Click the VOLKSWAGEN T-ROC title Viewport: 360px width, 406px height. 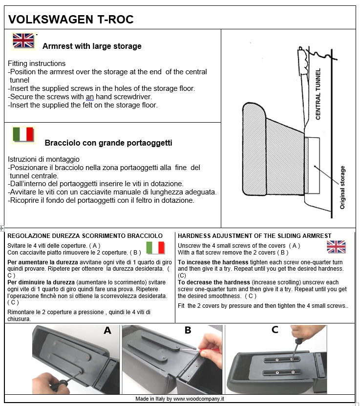[71, 20]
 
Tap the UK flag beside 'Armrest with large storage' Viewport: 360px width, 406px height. [23, 41]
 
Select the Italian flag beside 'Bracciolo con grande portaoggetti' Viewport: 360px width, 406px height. [23, 134]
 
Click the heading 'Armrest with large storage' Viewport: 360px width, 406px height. [92, 46]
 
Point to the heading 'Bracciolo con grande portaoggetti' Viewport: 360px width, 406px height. [108, 143]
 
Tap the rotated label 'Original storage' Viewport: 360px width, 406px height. [342, 188]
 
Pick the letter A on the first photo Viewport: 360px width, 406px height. [107, 331]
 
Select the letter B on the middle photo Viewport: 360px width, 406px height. [188, 330]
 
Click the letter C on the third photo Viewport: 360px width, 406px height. [275, 330]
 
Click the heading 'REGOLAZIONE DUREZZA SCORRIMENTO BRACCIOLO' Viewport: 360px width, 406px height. [85, 235]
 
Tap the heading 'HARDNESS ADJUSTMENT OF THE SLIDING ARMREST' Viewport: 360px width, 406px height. [254, 235]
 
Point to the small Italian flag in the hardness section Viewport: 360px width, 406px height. [155, 248]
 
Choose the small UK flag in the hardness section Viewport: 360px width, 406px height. [336, 247]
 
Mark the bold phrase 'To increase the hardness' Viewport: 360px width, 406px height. [213, 262]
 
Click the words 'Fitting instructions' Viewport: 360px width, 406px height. [37, 64]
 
